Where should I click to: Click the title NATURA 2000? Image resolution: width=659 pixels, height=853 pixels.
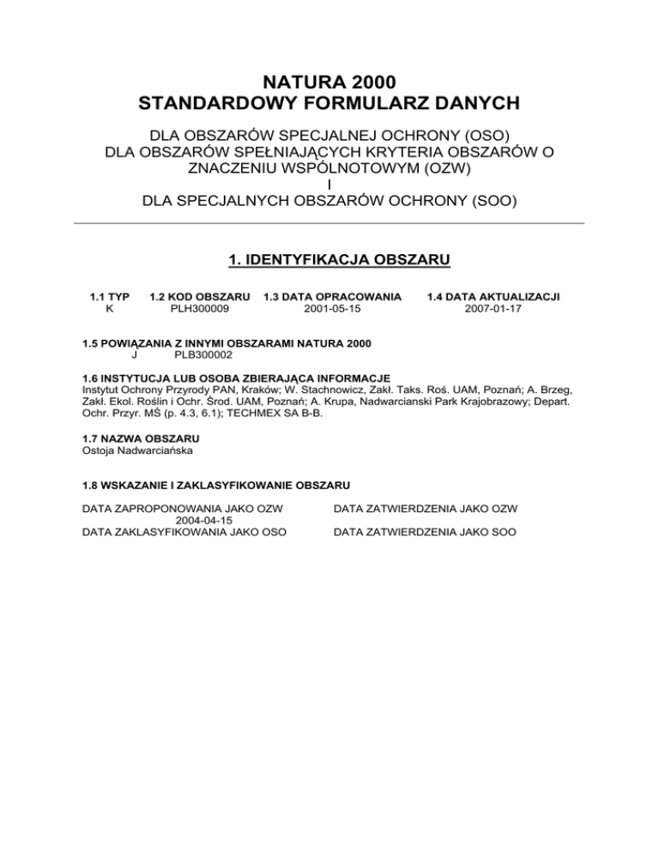pos(329,82)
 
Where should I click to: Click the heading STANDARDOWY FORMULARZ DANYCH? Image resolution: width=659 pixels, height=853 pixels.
pos(329,105)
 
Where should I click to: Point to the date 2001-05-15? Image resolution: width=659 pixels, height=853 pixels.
pos(332,308)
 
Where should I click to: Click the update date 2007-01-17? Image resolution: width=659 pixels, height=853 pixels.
pos(493,308)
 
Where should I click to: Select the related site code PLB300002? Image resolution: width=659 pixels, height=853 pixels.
pos(202,354)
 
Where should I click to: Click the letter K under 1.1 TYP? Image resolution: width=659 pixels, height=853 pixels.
pos(109,308)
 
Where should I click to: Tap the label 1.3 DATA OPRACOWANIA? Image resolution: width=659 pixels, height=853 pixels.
pos(332,296)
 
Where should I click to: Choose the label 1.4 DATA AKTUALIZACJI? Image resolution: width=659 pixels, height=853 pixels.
pos(493,296)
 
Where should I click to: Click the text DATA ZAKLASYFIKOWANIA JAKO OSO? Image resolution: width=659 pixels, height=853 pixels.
pos(184,532)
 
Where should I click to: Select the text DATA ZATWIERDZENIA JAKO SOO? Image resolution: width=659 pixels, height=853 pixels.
pos(425,532)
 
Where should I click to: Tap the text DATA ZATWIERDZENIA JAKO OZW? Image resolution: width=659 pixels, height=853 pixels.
pos(425,508)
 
